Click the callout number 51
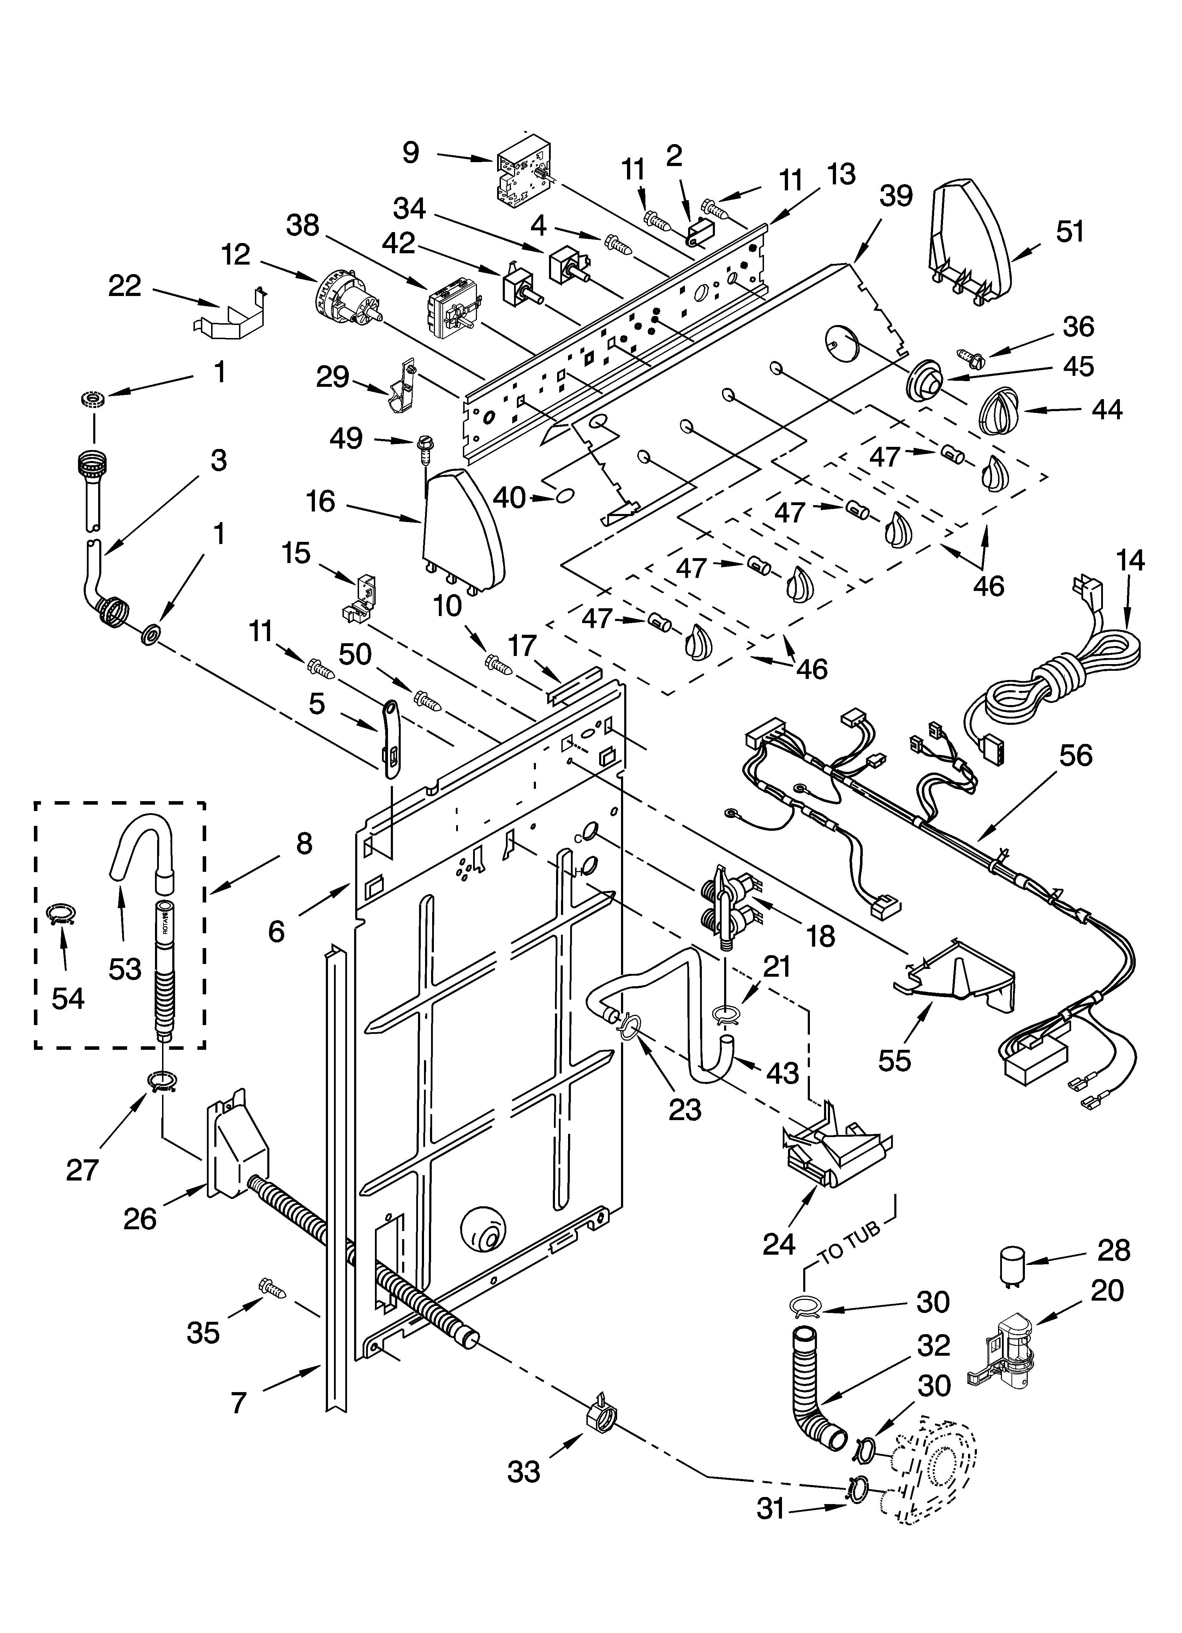click(x=1070, y=232)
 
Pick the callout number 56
click(x=1075, y=755)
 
